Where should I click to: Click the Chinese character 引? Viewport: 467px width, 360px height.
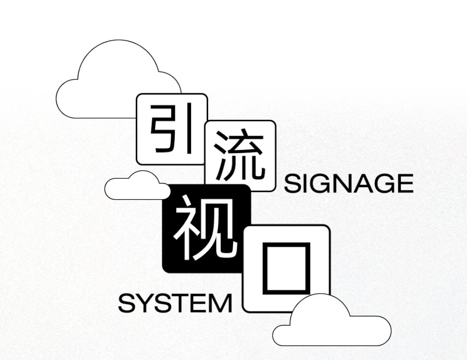click(172, 129)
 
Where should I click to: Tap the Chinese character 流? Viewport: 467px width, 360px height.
click(240, 156)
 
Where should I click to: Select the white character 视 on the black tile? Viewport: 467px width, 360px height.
click(206, 227)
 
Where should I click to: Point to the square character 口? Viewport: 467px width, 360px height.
click(286, 268)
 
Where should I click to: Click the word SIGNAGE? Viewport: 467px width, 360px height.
click(349, 184)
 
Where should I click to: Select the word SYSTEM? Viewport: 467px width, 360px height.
click(175, 303)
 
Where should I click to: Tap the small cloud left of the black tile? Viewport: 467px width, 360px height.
click(136, 187)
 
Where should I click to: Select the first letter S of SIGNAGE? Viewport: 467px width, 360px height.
click(292, 184)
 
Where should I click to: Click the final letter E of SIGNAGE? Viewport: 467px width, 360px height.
click(404, 184)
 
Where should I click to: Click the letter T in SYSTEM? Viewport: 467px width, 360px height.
click(182, 303)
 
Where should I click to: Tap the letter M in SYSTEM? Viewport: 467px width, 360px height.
click(220, 303)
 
